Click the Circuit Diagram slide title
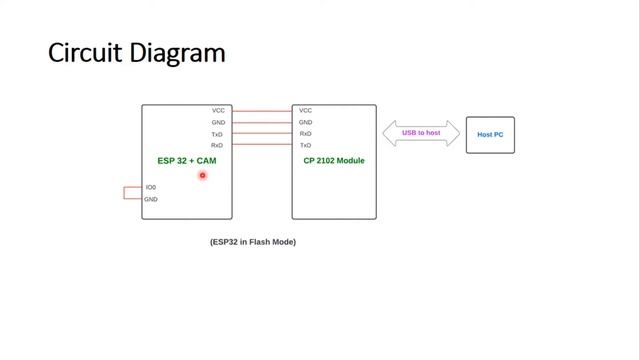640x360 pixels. [136, 52]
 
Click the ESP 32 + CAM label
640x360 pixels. [186, 161]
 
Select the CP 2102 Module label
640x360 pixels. [334, 161]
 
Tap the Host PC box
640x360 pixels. [490, 134]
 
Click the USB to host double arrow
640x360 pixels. [421, 133]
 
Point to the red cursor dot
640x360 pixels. [202, 176]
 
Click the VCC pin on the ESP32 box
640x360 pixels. [218, 111]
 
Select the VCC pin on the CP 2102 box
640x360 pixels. [305, 111]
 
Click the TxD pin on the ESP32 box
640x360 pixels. [217, 134]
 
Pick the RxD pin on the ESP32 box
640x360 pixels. [217, 146]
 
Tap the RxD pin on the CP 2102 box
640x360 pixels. [305, 134]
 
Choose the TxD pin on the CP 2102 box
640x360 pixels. [305, 146]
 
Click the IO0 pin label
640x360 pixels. [150, 188]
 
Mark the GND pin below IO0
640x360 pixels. [150, 199]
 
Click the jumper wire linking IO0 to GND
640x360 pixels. [126, 193]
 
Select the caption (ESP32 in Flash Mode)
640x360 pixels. [253, 242]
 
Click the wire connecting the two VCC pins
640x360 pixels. [262, 111]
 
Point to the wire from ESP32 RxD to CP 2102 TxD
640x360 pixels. [262, 146]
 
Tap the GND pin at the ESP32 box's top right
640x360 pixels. [218, 123]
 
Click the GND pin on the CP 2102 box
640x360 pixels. [305, 123]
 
